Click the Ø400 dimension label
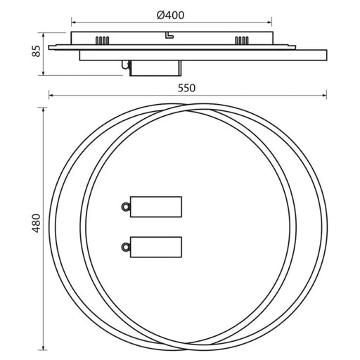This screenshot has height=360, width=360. coord(170,15)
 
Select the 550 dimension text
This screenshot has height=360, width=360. coord(186,88)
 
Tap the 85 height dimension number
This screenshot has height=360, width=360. coord(37,51)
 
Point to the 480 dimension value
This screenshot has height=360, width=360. coord(37,223)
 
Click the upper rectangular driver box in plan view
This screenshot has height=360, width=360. coord(156,207)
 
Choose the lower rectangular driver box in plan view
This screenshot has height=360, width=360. coord(156,247)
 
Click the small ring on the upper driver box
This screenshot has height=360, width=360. coord(126,207)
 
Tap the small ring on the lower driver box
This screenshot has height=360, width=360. coord(126,247)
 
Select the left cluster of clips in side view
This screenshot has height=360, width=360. coord(102,40)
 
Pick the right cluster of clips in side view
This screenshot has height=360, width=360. coord(242,40)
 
